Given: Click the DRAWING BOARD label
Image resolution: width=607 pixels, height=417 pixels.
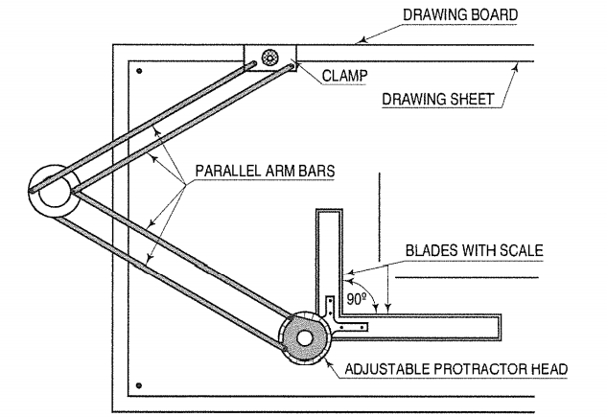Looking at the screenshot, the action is pyautogui.click(x=460, y=14).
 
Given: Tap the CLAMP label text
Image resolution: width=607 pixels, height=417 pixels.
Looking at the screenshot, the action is pyautogui.click(x=344, y=76).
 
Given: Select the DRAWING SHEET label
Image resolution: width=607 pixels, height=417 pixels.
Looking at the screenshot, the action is pyautogui.click(x=438, y=99).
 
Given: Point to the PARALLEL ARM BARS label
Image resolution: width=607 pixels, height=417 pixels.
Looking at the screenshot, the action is pyautogui.click(x=265, y=171).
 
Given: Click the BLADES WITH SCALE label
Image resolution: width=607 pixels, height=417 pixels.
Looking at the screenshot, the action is pyautogui.click(x=475, y=250).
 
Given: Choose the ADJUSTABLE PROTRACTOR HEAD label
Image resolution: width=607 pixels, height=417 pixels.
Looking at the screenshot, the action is pyautogui.click(x=456, y=369).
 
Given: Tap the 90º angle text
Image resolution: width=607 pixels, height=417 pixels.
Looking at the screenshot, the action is pyautogui.click(x=357, y=299).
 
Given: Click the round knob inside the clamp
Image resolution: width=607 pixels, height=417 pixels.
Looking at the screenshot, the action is pyautogui.click(x=269, y=58).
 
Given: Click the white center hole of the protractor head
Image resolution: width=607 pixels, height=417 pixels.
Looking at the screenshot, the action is pyautogui.click(x=304, y=338).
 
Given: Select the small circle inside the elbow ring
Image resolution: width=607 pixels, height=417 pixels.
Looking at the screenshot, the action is pyautogui.click(x=55, y=191).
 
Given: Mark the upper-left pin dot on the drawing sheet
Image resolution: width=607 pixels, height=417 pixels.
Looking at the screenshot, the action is pyautogui.click(x=139, y=71).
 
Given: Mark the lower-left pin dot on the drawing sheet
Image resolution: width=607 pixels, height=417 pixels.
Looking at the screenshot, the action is pyautogui.click(x=139, y=385).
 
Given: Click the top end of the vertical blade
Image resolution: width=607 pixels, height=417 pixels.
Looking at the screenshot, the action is pyautogui.click(x=329, y=210).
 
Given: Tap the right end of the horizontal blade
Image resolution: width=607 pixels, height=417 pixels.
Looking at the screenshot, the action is pyautogui.click(x=501, y=328).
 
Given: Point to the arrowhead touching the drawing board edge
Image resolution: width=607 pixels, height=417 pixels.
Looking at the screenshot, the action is pyautogui.click(x=362, y=39).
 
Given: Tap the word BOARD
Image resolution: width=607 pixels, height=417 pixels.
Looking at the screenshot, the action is pyautogui.click(x=494, y=14).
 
